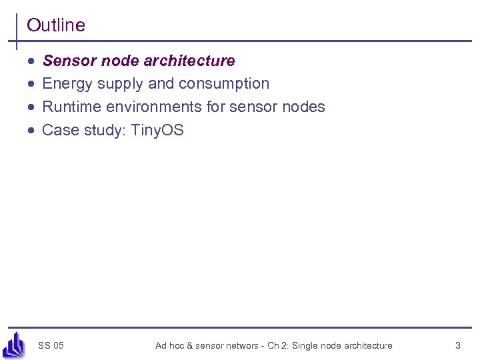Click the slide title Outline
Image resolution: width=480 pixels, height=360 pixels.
click(x=56, y=25)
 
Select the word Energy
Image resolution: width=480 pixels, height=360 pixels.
click(x=67, y=84)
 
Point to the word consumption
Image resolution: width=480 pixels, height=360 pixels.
click(x=226, y=84)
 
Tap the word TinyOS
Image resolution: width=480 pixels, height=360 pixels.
click(x=157, y=130)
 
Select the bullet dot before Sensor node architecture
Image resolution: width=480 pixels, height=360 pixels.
click(x=31, y=61)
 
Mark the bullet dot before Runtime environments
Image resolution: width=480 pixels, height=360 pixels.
click(x=31, y=107)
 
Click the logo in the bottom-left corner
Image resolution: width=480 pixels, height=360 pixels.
click(x=14, y=345)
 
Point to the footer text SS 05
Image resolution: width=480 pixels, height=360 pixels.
click(x=51, y=345)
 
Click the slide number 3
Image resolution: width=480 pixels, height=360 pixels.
click(x=457, y=345)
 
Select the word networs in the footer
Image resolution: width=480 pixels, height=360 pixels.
click(x=241, y=345)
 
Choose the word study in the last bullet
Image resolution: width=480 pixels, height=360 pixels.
click(x=102, y=130)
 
